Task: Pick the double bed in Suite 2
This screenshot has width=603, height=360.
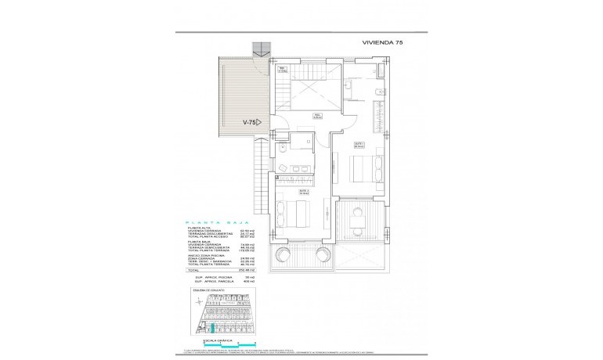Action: point(300,212)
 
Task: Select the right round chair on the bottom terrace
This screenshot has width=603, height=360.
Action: point(321,256)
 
